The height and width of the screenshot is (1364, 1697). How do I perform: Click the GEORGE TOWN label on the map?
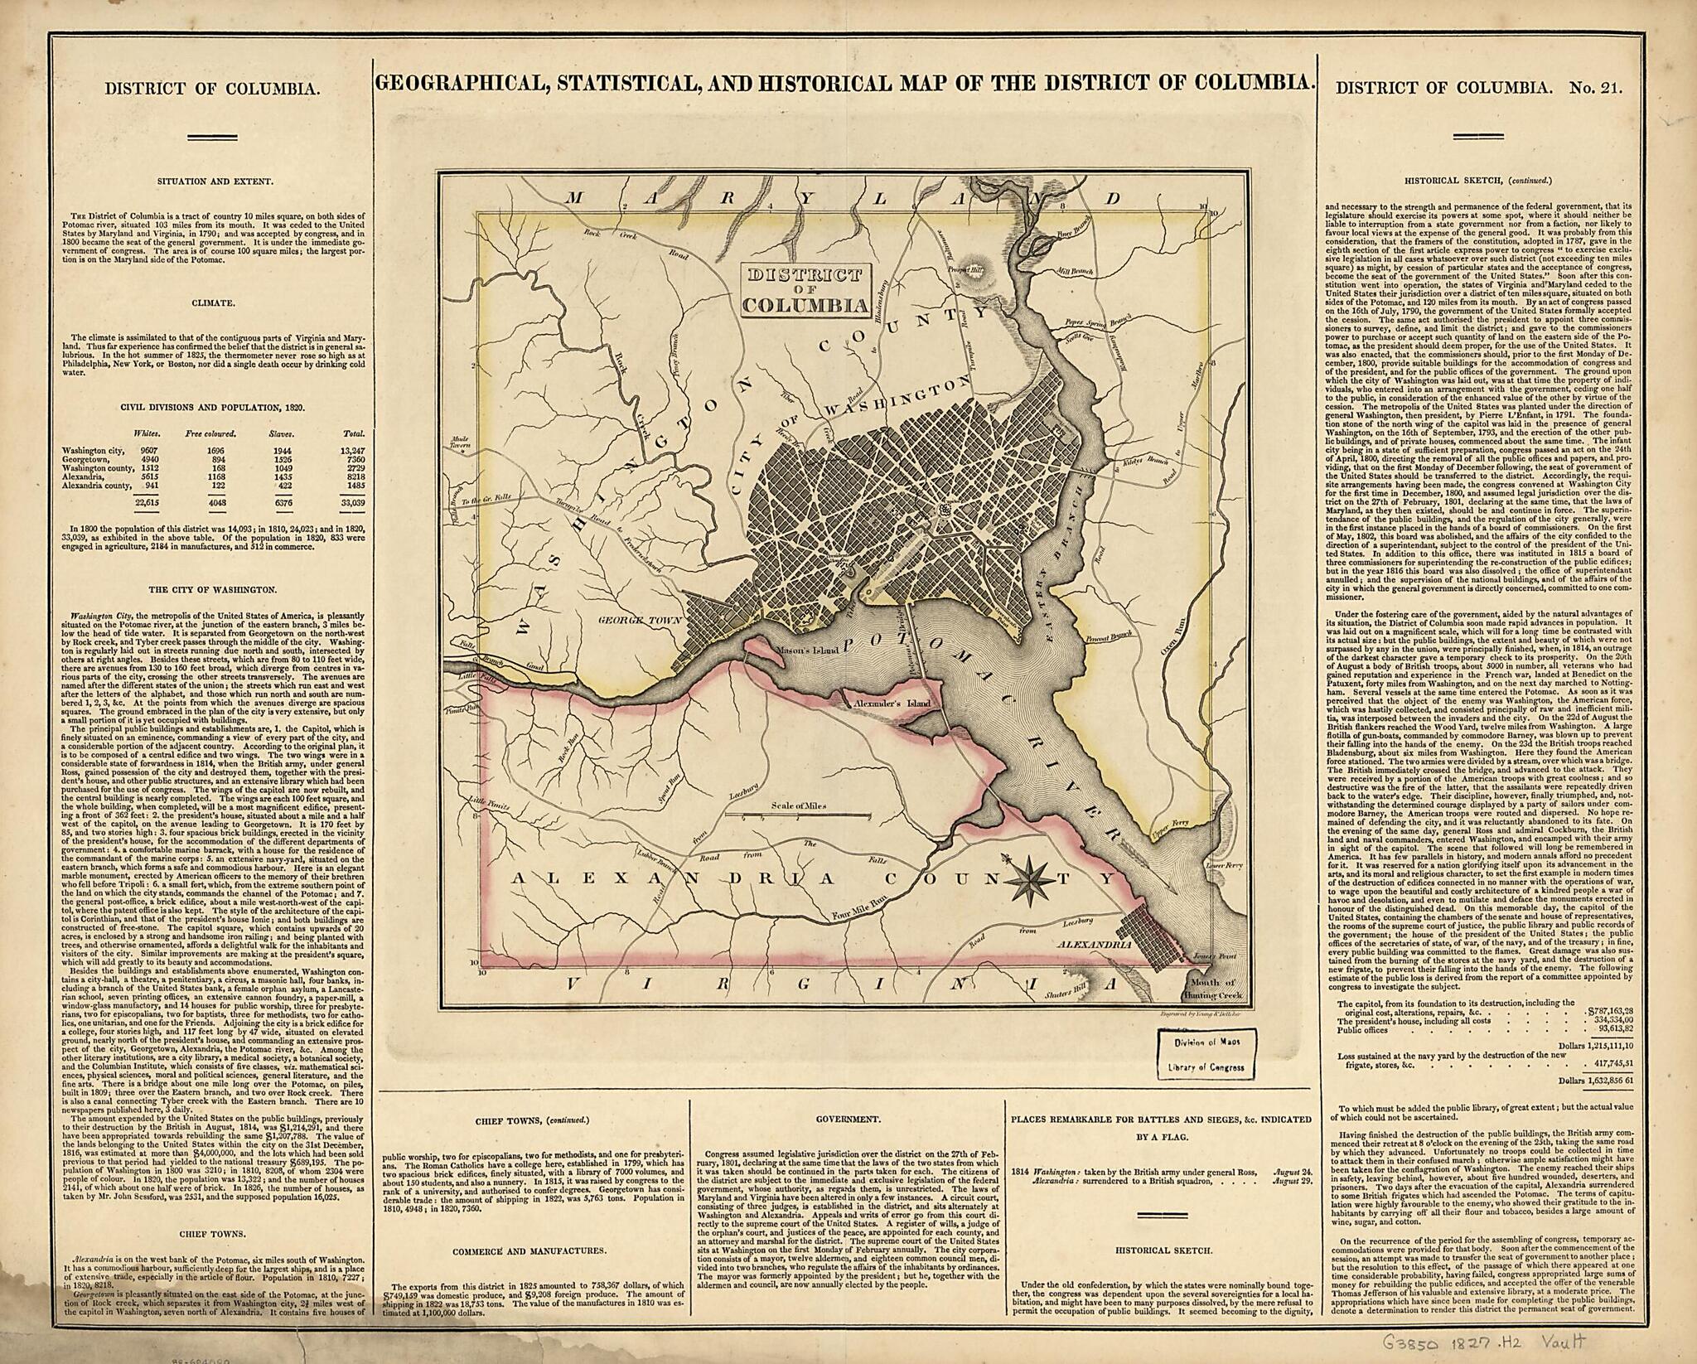[x=649, y=619]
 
